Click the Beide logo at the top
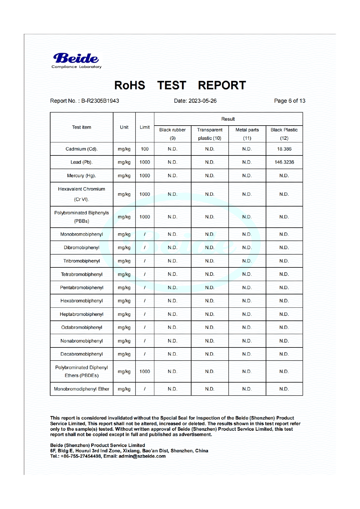76,60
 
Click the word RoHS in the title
130,85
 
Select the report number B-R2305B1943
100,101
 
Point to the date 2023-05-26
202,101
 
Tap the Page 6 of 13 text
290,101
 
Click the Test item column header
82,127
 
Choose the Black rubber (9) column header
172,134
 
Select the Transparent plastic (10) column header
210,134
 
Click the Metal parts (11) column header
247,134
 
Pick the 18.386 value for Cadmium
284,149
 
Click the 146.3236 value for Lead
284,162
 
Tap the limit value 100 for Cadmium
144,149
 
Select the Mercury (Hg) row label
82,176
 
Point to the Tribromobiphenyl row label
82,261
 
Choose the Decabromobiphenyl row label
82,354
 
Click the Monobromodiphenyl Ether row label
82,389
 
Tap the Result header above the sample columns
228,119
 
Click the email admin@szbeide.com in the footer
142,456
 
